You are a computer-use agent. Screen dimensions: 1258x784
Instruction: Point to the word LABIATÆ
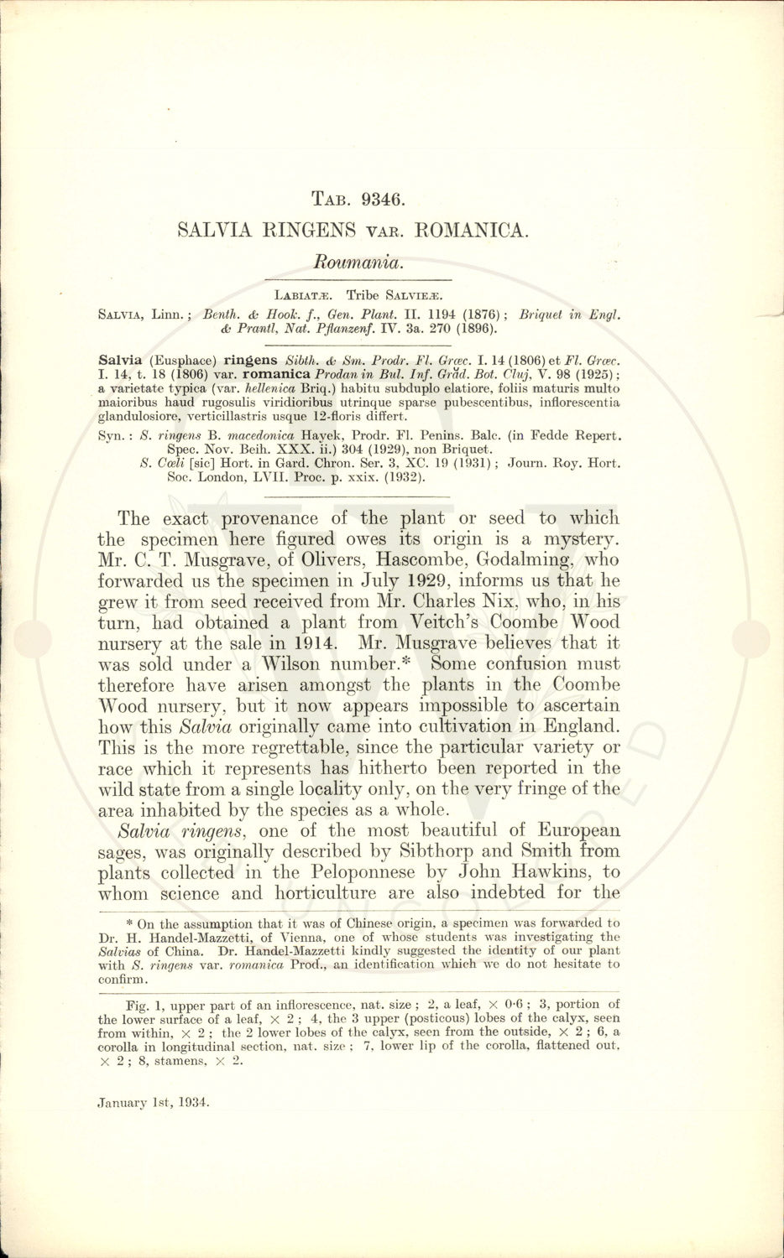coord(303,295)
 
